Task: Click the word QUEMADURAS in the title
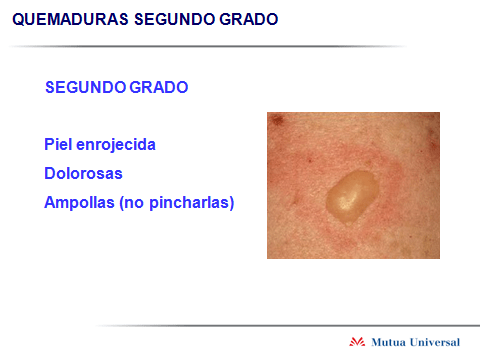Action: [x=70, y=19]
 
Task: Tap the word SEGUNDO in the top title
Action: [x=175, y=19]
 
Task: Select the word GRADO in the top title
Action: [x=249, y=19]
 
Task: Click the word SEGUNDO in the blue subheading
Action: [x=86, y=87]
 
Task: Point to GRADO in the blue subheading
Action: [x=159, y=87]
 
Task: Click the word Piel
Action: [x=58, y=144]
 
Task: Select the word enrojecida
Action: [x=116, y=145]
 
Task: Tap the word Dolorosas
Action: [x=83, y=173]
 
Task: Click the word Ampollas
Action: [x=79, y=203]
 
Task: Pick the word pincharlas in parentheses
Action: [x=189, y=203]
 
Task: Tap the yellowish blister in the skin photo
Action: [x=352, y=197]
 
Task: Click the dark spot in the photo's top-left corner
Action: [x=277, y=120]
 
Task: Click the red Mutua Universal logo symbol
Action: [x=357, y=342]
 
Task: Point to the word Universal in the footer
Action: [x=435, y=342]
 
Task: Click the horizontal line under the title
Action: [x=207, y=46]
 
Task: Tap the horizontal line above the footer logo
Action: [x=288, y=325]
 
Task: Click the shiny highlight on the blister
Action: [x=347, y=201]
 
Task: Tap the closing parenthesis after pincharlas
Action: [x=232, y=203]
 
